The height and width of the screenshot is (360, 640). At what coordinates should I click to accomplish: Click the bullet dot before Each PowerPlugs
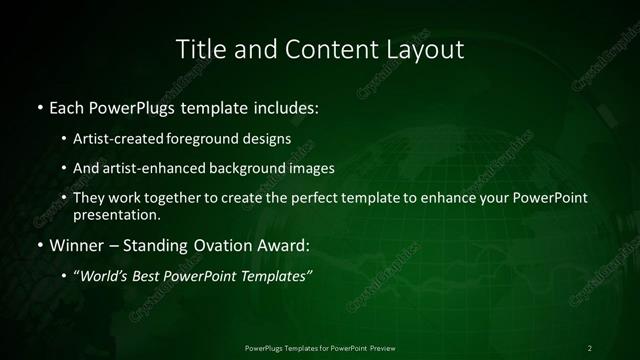coord(38,105)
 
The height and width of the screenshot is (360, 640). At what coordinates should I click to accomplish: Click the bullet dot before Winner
coord(38,244)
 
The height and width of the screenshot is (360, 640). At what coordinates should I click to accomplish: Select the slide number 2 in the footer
coord(589,347)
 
